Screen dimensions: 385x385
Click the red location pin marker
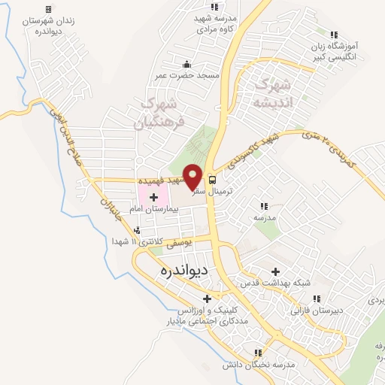point(193,177)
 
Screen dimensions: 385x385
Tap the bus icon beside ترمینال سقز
point(212,180)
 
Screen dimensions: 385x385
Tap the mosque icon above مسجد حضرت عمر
point(186,63)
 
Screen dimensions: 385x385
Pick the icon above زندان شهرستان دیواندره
point(48,10)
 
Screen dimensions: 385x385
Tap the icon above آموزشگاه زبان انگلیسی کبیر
point(334,34)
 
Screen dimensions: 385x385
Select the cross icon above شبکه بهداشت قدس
point(276,272)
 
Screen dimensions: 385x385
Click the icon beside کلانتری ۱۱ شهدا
point(136,231)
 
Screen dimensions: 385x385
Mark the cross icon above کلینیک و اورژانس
point(207,299)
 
